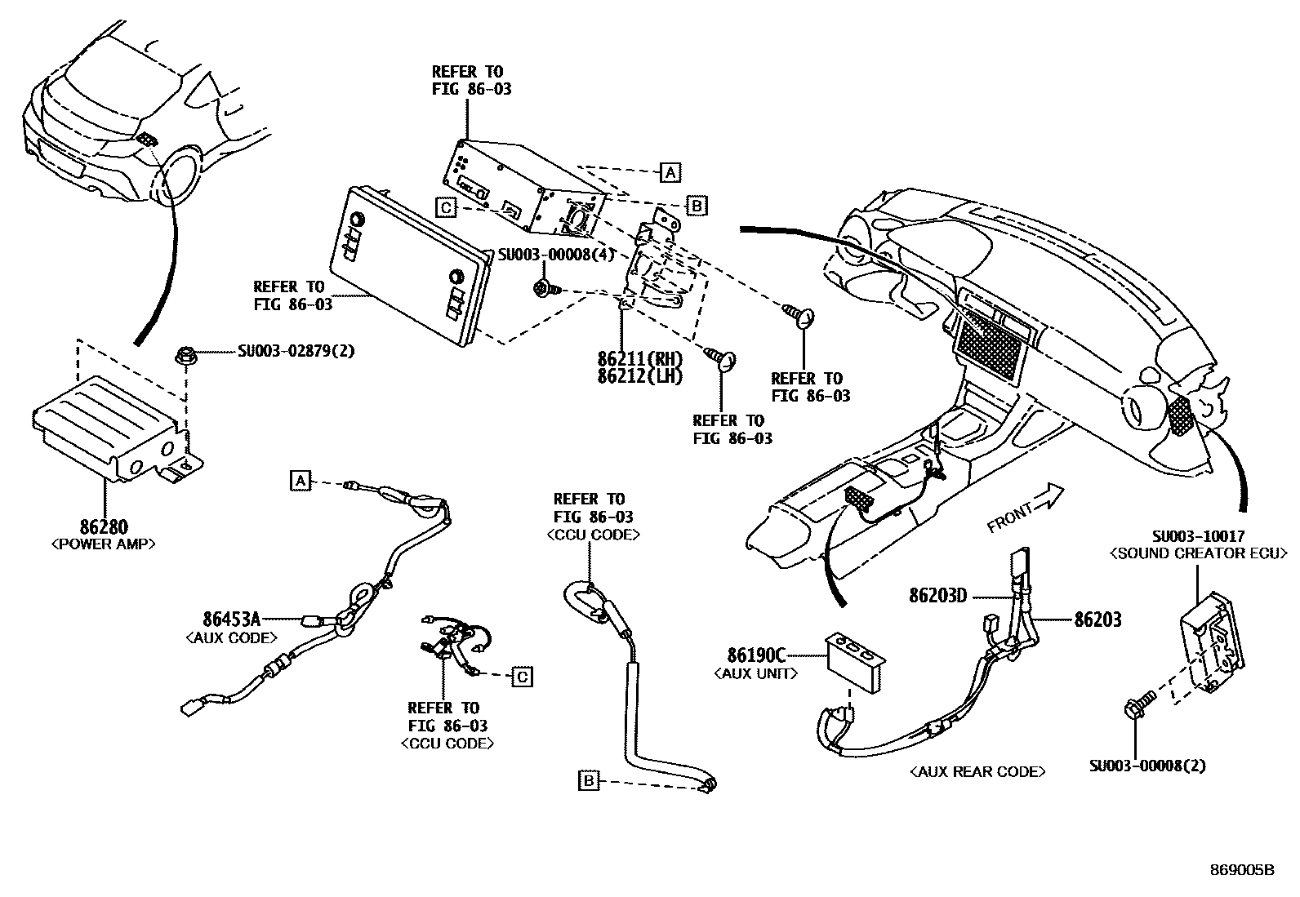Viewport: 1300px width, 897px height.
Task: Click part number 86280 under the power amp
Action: tap(104, 528)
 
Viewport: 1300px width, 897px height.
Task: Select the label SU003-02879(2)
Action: tap(296, 352)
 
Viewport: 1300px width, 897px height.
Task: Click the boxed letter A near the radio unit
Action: tap(670, 172)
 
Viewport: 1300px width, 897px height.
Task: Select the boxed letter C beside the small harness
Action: tap(522, 676)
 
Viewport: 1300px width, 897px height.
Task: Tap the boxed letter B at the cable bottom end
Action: tap(588, 780)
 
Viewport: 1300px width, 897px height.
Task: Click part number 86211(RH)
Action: tap(639, 359)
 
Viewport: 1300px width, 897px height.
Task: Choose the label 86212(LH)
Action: tap(639, 376)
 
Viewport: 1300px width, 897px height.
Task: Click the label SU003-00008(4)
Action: tap(556, 255)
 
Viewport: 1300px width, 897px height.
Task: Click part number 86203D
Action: tap(937, 596)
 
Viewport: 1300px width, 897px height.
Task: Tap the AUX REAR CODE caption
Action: tap(977, 771)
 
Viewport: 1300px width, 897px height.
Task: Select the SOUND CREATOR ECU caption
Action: tap(1198, 554)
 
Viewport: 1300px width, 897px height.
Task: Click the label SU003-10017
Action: tap(1198, 537)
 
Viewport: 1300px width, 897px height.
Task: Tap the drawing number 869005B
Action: tap(1241, 870)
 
